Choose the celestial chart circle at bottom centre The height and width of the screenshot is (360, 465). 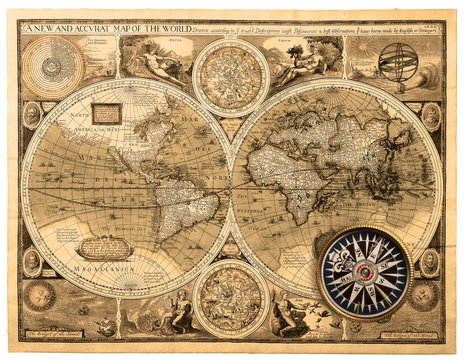coord(231,296)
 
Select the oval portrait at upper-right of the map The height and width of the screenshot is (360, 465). coord(431,116)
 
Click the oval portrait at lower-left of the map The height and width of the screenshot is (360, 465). coord(32,262)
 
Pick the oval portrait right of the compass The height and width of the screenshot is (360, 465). coord(430,263)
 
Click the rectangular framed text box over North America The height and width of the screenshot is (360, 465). coord(106,113)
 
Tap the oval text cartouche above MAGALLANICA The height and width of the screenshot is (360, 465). coord(103,247)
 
